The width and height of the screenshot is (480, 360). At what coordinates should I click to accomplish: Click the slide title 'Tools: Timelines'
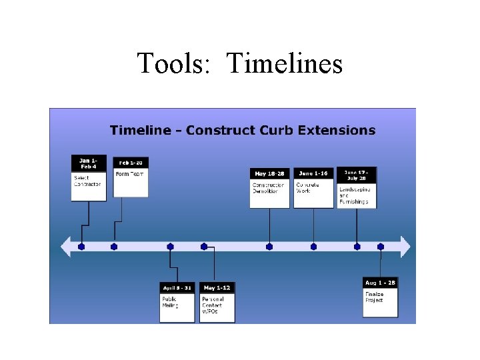[x=239, y=63]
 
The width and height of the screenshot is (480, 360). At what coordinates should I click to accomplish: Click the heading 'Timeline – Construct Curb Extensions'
[x=243, y=130]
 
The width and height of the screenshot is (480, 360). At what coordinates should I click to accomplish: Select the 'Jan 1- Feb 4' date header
[x=89, y=163]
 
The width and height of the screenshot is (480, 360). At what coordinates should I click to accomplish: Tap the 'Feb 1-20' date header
[x=131, y=163]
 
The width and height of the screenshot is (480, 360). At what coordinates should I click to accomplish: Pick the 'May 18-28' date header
[x=269, y=173]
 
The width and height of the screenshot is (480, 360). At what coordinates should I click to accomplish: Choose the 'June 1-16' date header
[x=313, y=173]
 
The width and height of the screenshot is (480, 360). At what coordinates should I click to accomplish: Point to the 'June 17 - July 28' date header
[x=357, y=174]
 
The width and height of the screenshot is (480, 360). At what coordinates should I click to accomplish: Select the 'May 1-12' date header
[x=217, y=288]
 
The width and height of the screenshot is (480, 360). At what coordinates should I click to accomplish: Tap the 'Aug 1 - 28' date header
[x=380, y=283]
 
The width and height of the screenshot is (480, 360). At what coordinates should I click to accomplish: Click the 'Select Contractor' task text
[x=87, y=181]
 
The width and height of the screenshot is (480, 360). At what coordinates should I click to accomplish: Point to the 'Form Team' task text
[x=129, y=174]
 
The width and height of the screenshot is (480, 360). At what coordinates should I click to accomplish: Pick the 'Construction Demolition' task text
[x=268, y=188]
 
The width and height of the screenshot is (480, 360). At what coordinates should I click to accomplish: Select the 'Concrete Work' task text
[x=308, y=188]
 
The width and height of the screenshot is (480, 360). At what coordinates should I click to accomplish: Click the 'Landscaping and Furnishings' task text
[x=354, y=195]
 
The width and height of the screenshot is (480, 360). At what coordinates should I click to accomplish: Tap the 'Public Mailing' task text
[x=170, y=302]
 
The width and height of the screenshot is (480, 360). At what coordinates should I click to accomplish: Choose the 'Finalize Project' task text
[x=374, y=297]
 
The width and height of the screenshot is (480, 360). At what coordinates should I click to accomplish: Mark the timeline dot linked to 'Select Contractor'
[x=81, y=247]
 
